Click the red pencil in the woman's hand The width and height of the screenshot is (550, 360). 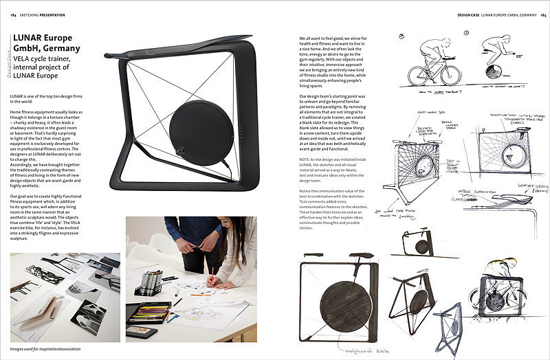click(212, 275)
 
